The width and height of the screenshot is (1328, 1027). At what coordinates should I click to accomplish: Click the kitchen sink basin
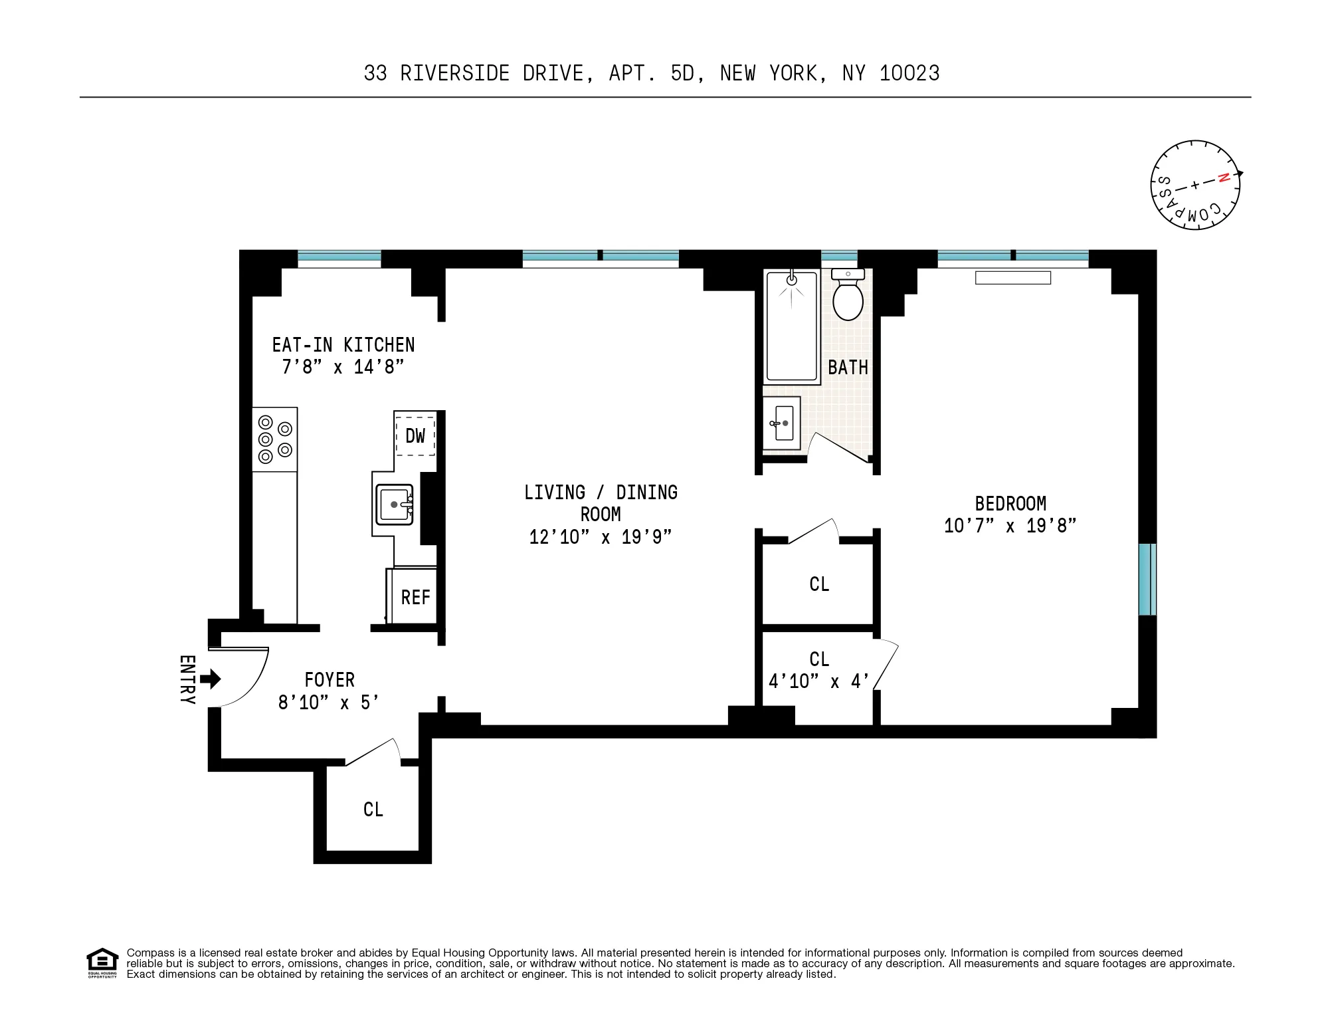click(394, 505)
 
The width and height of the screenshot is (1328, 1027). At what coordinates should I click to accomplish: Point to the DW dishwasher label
click(415, 436)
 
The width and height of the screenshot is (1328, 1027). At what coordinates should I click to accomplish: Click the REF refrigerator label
click(415, 598)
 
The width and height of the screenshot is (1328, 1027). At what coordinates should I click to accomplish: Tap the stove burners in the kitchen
click(274, 439)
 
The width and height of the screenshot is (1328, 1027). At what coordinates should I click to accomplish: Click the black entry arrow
click(211, 679)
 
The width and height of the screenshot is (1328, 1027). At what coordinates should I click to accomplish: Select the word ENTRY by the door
click(187, 680)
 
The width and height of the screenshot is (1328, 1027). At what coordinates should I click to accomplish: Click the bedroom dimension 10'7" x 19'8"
click(1010, 526)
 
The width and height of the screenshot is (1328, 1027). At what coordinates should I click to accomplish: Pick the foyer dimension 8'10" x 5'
click(328, 703)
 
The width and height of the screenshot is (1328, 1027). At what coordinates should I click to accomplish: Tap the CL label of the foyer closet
click(373, 810)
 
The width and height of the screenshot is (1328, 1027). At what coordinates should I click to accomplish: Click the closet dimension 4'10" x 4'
click(818, 681)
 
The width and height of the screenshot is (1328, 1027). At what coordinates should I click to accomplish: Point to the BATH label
click(848, 368)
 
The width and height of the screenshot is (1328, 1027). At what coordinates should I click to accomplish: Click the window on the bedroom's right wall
click(1147, 579)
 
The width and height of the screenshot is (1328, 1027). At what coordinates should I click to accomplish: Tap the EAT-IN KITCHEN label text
click(343, 345)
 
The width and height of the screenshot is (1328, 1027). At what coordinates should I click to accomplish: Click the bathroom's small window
click(839, 257)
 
